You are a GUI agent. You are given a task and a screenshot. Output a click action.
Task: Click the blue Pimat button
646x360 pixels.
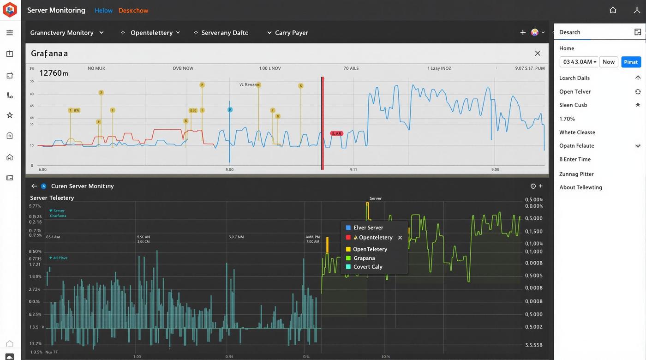(631, 62)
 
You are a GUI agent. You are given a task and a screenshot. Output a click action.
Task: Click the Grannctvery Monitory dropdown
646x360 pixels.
(66, 33)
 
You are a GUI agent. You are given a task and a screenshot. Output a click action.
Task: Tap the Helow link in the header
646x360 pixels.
(103, 10)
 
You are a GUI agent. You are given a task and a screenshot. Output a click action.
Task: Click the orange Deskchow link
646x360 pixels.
(133, 10)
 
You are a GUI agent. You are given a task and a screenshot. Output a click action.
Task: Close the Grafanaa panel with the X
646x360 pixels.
(538, 54)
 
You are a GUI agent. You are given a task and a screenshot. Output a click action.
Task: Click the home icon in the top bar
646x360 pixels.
(613, 10)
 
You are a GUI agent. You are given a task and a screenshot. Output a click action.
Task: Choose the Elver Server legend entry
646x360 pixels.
(368, 228)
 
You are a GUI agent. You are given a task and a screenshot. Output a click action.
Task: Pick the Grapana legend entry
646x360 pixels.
(364, 258)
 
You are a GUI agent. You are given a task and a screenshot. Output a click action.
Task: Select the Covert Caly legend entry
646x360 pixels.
(367, 267)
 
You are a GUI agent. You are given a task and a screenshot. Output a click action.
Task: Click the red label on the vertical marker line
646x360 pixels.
(336, 133)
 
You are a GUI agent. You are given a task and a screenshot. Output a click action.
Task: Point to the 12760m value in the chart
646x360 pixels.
(54, 73)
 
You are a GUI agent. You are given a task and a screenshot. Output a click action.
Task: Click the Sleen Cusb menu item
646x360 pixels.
(573, 105)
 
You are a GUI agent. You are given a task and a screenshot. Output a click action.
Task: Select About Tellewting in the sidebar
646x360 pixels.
(580, 187)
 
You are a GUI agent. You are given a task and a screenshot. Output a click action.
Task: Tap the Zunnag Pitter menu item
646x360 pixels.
(576, 174)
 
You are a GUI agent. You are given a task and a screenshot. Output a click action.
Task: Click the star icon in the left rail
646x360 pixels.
(10, 115)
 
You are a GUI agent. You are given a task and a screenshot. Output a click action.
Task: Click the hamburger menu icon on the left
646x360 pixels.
(10, 33)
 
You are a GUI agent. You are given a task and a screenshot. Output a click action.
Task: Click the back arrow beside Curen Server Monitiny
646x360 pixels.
(34, 186)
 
